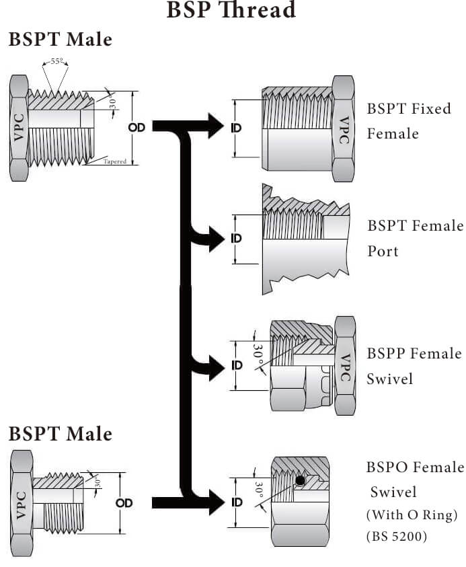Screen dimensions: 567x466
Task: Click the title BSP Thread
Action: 231,10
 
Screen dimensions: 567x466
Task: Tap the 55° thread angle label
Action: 58,61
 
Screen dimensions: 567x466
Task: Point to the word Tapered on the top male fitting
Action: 115,161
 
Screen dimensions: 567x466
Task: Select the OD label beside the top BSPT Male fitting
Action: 137,126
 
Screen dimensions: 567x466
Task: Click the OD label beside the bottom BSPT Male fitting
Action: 124,502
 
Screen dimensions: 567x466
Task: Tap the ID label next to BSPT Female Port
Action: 236,238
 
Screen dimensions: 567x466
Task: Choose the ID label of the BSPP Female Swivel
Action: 236,365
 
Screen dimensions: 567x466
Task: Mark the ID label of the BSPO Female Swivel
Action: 236,502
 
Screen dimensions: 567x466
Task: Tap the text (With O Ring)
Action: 412,515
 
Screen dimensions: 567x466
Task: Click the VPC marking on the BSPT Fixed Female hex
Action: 344,129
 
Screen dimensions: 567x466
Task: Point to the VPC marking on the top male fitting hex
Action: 19,126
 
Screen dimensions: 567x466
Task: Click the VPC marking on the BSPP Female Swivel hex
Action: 345,367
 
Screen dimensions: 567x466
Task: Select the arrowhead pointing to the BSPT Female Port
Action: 217,239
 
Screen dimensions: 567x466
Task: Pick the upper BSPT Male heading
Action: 60,40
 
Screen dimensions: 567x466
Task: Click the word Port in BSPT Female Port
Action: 383,251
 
